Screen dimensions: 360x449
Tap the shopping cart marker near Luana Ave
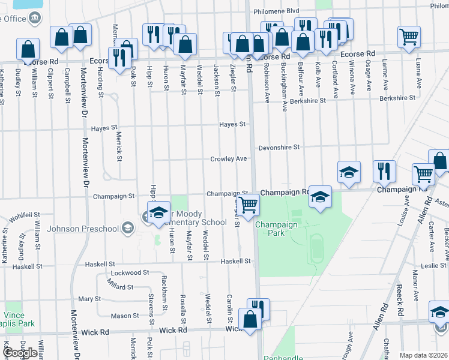pos(409,37)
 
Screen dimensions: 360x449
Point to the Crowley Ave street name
pos(228,159)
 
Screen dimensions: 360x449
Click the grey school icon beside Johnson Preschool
pos(127,228)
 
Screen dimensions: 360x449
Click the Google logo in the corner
pos(20,352)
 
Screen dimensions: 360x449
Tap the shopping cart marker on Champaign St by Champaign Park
pos(248,204)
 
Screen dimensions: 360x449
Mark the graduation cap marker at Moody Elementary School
pos(158,214)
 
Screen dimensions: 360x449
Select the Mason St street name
pos(124,316)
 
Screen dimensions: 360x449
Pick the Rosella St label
pos(183,305)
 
